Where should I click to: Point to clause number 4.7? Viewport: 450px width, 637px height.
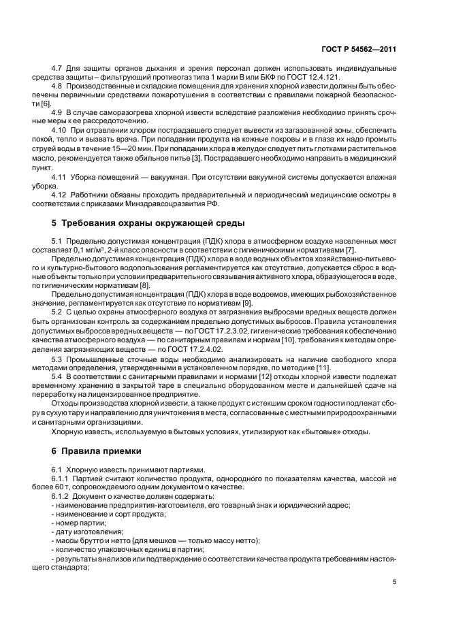click(58, 70)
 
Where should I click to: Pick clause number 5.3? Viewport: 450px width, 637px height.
click(58, 358)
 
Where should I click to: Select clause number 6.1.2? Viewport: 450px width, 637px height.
click(62, 495)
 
